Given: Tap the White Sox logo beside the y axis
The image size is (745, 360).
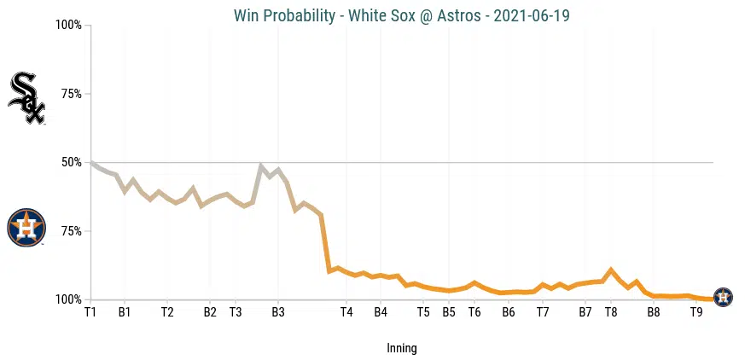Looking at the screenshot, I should pyautogui.click(x=26, y=98).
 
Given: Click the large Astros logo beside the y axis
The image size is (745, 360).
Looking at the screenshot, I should pyautogui.click(x=26, y=228).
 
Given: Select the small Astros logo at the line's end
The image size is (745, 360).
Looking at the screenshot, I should pyautogui.click(x=722, y=298).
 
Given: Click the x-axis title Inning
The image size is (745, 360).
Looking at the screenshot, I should pyautogui.click(x=402, y=348).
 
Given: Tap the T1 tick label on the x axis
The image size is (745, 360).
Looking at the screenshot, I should pyautogui.click(x=90, y=312).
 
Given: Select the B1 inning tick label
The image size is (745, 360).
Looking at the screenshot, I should pyautogui.click(x=125, y=312).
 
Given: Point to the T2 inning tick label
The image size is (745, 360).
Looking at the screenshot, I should pyautogui.click(x=167, y=312).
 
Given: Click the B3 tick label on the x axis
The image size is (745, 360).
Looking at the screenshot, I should pyautogui.click(x=278, y=312).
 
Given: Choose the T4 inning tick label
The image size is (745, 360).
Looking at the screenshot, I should pyautogui.click(x=346, y=312).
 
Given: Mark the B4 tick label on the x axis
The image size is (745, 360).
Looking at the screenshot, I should pyautogui.click(x=381, y=312).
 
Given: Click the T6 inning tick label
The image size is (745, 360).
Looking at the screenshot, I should pyautogui.click(x=474, y=312).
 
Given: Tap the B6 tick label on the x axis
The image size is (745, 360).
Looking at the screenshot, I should pyautogui.click(x=509, y=312).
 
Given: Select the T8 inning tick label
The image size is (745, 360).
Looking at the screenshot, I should pyautogui.click(x=611, y=312).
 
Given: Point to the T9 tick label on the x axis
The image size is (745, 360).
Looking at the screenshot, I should pyautogui.click(x=696, y=312).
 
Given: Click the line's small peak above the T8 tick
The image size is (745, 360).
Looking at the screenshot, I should pyautogui.click(x=611, y=270).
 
